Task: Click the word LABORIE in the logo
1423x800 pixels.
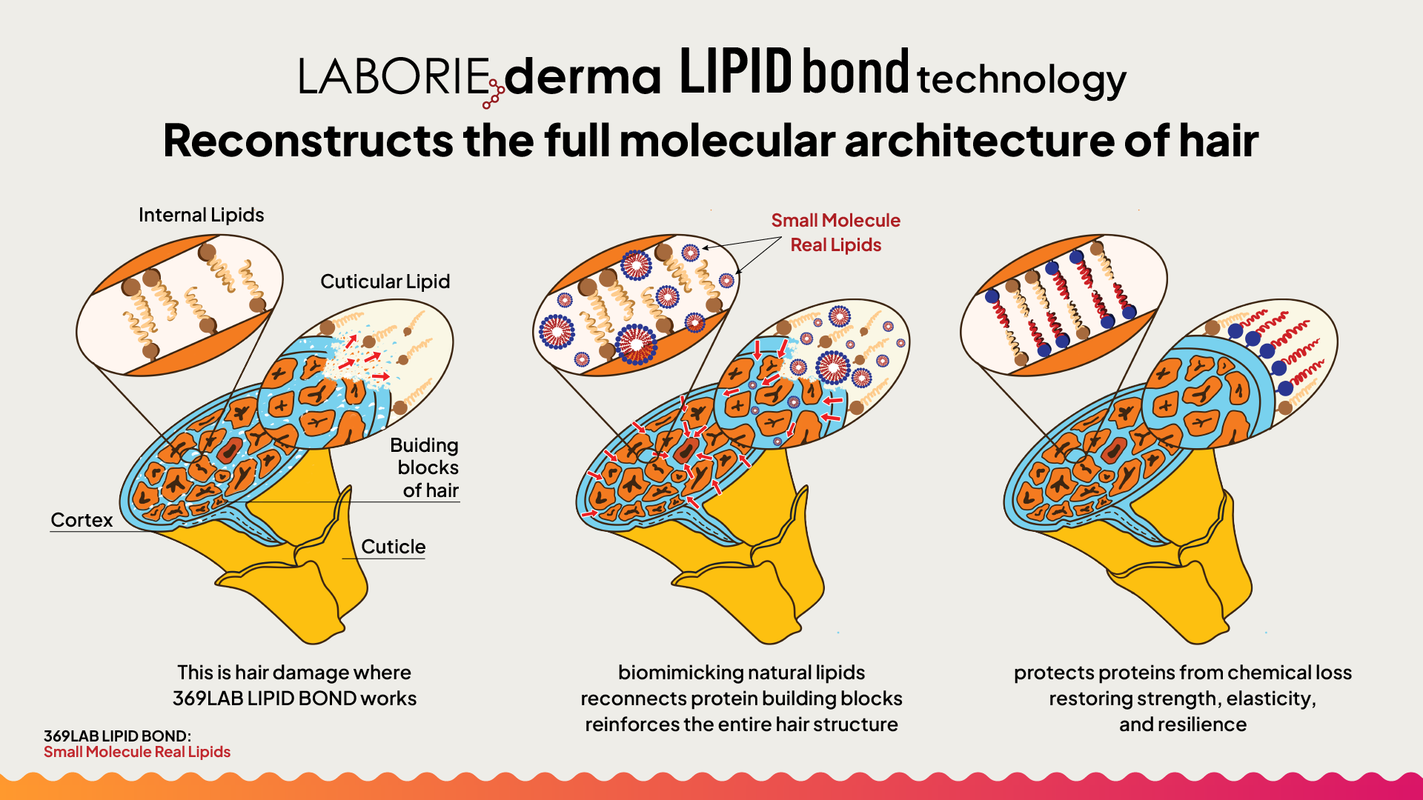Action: [394, 76]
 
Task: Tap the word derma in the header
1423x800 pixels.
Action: [583, 76]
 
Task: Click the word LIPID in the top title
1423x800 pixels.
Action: [736, 72]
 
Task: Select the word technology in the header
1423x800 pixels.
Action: [1021, 79]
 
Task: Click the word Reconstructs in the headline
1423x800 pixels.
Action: [308, 141]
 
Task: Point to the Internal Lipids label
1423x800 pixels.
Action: [201, 215]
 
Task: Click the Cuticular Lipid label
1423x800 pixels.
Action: [385, 281]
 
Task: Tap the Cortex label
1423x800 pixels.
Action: [82, 520]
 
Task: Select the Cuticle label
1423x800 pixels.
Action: [393, 547]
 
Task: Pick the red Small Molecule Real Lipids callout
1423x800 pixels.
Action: [835, 233]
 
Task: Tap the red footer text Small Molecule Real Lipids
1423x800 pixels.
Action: [137, 752]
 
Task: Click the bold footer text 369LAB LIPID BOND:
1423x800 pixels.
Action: [117, 736]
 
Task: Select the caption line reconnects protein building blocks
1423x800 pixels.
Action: [741, 699]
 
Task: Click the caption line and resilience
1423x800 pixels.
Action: [1183, 724]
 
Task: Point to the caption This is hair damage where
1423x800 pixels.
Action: [294, 673]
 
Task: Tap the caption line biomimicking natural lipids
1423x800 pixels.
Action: [741, 673]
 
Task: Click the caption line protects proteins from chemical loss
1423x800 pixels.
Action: [1183, 673]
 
